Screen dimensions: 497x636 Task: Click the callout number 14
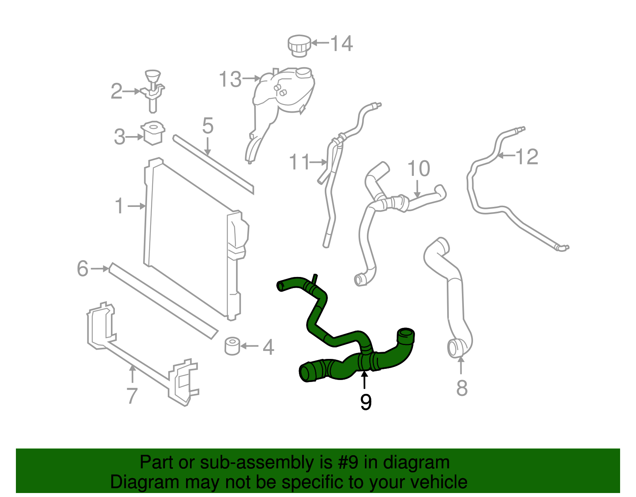[x=341, y=43]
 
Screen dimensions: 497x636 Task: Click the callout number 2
[x=116, y=92]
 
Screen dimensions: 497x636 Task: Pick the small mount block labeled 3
[x=153, y=133]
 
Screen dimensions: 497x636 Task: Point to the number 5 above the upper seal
[x=207, y=126]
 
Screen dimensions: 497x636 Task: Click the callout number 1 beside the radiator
[x=119, y=206]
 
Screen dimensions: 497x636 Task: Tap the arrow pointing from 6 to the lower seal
[x=99, y=269]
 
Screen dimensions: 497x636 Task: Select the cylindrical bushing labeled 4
[x=232, y=346]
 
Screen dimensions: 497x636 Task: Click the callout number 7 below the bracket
[x=132, y=395]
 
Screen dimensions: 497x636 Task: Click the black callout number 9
[x=366, y=402]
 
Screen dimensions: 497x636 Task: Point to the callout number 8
[x=461, y=388]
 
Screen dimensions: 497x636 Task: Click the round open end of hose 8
[x=454, y=349]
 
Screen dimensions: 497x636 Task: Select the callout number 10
[x=419, y=168]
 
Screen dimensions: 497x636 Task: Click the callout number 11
[x=299, y=162]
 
